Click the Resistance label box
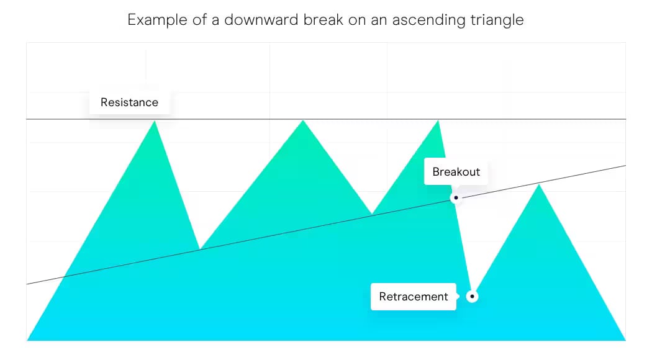[129, 102]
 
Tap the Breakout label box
[456, 172]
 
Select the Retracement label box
[413, 297]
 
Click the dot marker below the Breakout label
[456, 198]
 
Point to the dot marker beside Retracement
[472, 297]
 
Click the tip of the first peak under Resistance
[155, 122]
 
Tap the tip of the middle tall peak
[303, 120]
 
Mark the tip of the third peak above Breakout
[438, 121]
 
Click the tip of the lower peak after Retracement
[539, 185]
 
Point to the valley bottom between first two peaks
[199, 250]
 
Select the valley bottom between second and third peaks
[372, 215]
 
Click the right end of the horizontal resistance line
[625, 119]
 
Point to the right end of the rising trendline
[625, 166]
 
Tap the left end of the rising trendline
[28, 284]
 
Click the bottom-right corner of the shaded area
[624, 340]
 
